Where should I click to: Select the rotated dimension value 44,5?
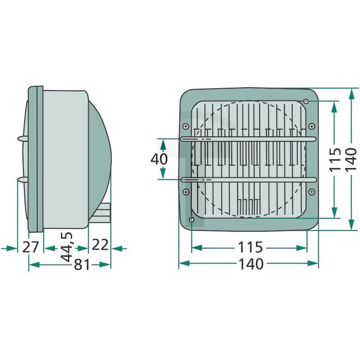tap(67, 247)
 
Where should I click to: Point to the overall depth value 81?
tap(82, 265)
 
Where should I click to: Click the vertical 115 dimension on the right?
tap(334, 160)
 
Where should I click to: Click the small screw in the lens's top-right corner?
tap(306, 101)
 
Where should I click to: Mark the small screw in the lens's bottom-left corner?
tap(191, 220)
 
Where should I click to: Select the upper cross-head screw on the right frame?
tap(312, 126)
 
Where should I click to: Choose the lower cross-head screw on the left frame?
tap(186, 192)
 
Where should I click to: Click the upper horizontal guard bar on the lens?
tap(248, 138)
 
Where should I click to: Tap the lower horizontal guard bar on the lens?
tap(248, 179)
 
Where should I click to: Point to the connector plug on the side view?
tap(105, 213)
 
